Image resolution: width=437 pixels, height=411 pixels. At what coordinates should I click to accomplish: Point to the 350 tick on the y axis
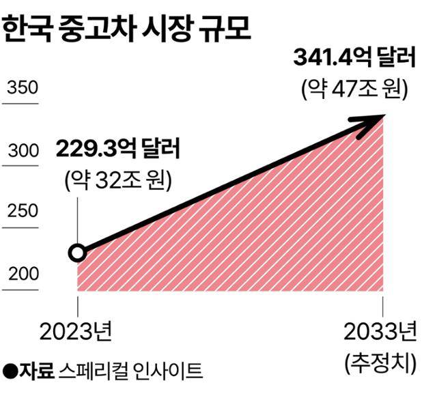(22, 89)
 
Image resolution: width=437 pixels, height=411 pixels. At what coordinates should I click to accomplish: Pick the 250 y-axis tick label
(22, 213)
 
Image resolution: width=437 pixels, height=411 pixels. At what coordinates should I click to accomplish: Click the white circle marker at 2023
(78, 253)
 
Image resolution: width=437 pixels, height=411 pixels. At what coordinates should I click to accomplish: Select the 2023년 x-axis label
(76, 332)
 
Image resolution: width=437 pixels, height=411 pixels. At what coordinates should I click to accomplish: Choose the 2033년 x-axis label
(379, 332)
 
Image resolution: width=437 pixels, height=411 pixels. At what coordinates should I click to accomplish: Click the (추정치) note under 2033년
(380, 362)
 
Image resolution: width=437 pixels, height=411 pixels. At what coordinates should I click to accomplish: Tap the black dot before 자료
(10, 371)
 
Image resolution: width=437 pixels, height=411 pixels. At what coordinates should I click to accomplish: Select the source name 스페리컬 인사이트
(130, 371)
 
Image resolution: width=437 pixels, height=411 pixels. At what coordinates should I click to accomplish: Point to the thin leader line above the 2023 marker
(78, 218)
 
